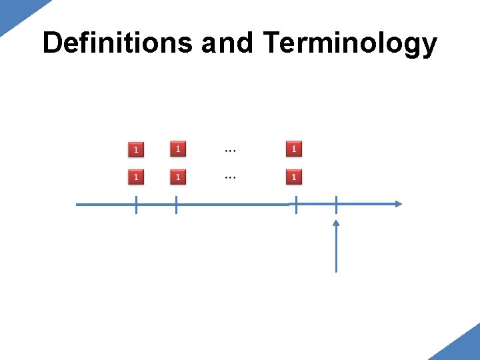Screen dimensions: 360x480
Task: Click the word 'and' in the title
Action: (227, 43)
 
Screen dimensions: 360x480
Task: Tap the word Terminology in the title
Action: (350, 44)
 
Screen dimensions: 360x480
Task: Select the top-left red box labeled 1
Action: (136, 149)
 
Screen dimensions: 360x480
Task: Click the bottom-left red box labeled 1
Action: (136, 177)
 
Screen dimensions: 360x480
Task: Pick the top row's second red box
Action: (177, 149)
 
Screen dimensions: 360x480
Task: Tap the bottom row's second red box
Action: (177, 177)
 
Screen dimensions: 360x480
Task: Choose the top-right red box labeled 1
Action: (293, 149)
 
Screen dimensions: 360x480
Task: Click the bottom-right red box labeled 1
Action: (293, 177)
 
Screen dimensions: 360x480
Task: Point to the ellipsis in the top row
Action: (230, 151)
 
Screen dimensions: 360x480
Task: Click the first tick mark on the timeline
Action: (136, 205)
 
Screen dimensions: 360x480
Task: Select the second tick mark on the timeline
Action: (176, 205)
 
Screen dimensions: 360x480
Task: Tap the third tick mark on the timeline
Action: (296, 205)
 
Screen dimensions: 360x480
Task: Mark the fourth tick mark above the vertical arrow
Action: (336, 204)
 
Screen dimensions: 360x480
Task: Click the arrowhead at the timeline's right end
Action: (398, 204)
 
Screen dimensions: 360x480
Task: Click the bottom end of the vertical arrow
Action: (336, 270)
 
